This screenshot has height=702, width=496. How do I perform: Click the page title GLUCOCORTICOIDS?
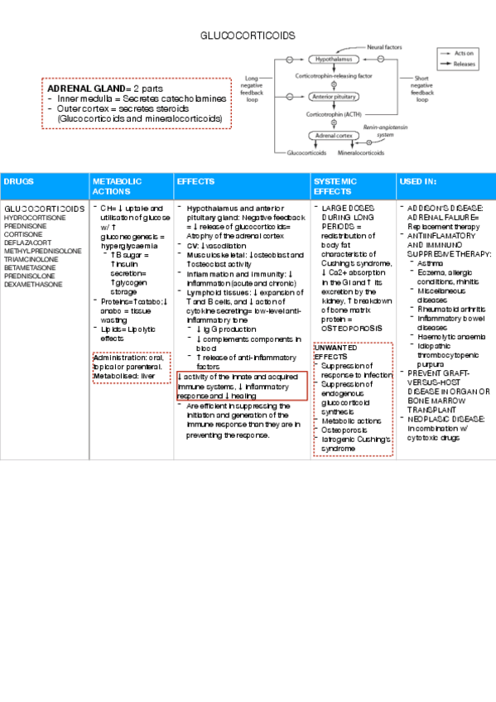[x=248, y=36]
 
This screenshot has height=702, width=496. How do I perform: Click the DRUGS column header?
[x=19, y=180]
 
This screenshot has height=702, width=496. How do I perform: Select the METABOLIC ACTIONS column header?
[x=117, y=185]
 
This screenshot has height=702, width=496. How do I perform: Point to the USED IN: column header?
[x=419, y=180]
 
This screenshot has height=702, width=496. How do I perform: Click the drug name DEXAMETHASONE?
[x=32, y=284]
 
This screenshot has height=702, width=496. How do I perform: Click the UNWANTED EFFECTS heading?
[x=335, y=352]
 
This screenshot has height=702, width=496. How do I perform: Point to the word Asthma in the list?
[x=431, y=262]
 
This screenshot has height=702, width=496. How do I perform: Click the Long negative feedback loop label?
[x=252, y=86]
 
